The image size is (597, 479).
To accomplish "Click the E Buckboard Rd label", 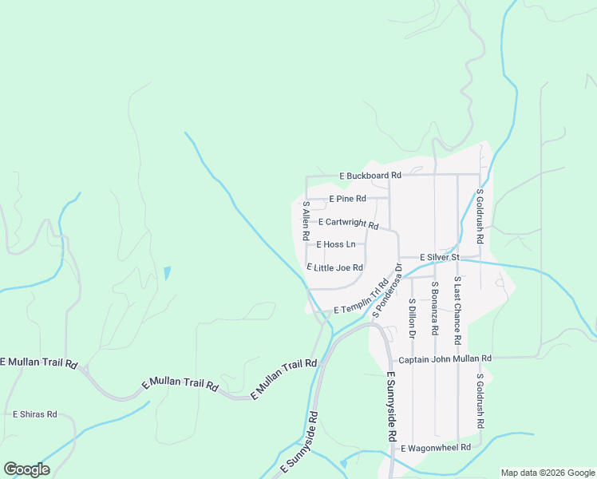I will (x=369, y=175).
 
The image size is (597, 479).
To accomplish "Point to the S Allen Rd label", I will (x=305, y=221).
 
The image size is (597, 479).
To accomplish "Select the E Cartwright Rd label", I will (x=348, y=224).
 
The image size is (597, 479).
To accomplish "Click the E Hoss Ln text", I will (x=336, y=244).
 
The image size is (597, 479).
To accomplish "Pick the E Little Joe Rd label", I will (x=335, y=267).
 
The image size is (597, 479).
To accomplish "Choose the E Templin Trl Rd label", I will (x=361, y=297).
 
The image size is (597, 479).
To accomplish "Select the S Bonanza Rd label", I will (x=435, y=308).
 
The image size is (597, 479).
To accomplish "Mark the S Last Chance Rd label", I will (x=457, y=311).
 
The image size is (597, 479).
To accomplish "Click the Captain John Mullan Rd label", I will (x=445, y=359).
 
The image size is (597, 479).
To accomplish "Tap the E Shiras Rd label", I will (x=35, y=414).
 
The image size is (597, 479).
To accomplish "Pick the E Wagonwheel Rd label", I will (x=436, y=449).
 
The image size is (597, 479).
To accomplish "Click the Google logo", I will (x=26, y=469).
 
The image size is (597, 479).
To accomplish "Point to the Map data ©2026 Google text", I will (x=547, y=473).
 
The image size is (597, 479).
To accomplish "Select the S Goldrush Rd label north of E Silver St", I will (x=480, y=216).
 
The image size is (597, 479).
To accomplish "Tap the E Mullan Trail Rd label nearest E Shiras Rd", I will (x=38, y=362).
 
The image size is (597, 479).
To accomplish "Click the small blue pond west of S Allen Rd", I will (x=167, y=273).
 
